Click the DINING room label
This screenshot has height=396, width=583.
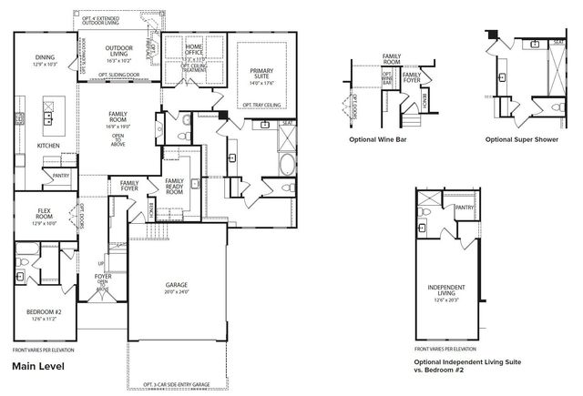(45, 56)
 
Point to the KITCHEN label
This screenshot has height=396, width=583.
(48, 146)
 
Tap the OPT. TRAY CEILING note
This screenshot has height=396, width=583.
(261, 106)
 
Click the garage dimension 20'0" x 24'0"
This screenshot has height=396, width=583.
(177, 292)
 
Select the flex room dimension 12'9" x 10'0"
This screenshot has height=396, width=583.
(45, 223)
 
